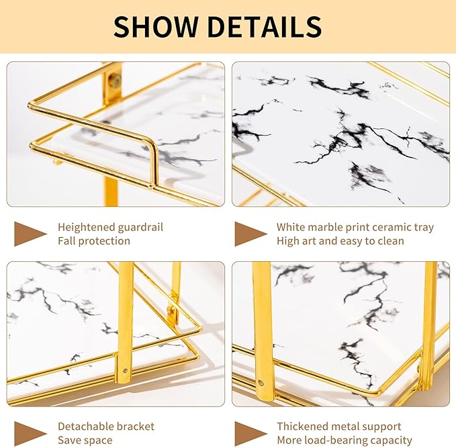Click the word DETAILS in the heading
(x=265, y=26)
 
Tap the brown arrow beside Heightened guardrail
(x=30, y=234)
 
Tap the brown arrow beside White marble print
(x=250, y=234)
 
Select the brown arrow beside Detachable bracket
(x=30, y=433)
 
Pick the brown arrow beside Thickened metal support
(x=250, y=433)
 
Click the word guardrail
(x=139, y=227)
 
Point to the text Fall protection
(x=94, y=240)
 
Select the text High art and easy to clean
(x=340, y=240)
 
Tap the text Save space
(x=85, y=440)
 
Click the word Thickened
(x=306, y=427)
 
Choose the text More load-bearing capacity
(x=345, y=440)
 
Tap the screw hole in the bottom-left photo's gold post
(x=125, y=369)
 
